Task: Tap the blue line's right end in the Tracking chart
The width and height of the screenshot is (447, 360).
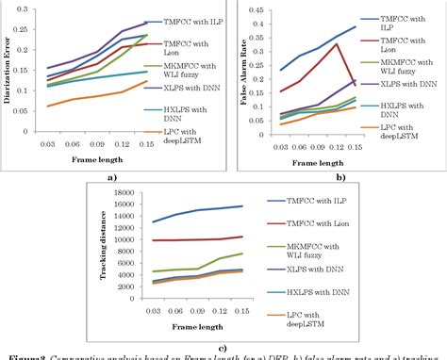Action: pos(269,205)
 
